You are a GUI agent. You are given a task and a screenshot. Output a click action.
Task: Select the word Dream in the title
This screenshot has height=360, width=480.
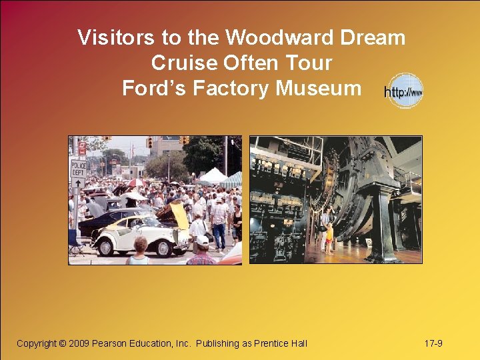click(x=372, y=37)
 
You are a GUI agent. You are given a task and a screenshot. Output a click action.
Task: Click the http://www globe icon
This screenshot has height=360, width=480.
click(x=405, y=91)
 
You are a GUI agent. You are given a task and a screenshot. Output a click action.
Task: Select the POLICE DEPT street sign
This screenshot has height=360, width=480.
click(x=79, y=167)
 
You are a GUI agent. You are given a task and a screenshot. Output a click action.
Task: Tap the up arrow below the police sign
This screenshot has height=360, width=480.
click(x=78, y=182)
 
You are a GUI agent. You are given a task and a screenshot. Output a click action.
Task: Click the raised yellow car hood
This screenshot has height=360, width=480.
click(x=179, y=215)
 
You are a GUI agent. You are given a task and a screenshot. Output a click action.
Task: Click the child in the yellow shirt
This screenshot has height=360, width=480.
click(x=329, y=237)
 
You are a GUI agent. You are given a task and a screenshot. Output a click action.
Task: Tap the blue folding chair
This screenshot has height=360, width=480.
click(x=73, y=241)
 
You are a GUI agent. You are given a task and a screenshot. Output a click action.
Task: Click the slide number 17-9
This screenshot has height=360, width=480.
click(x=433, y=343)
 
